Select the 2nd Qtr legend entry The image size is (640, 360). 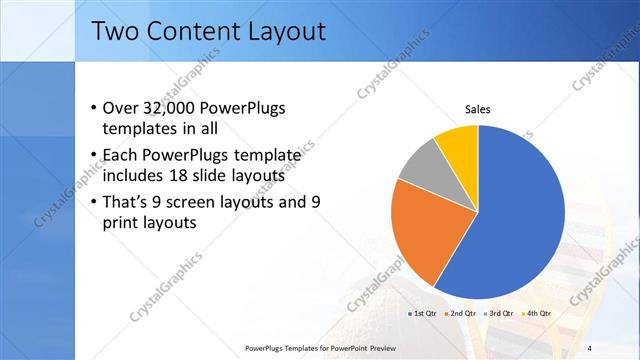[461, 313]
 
